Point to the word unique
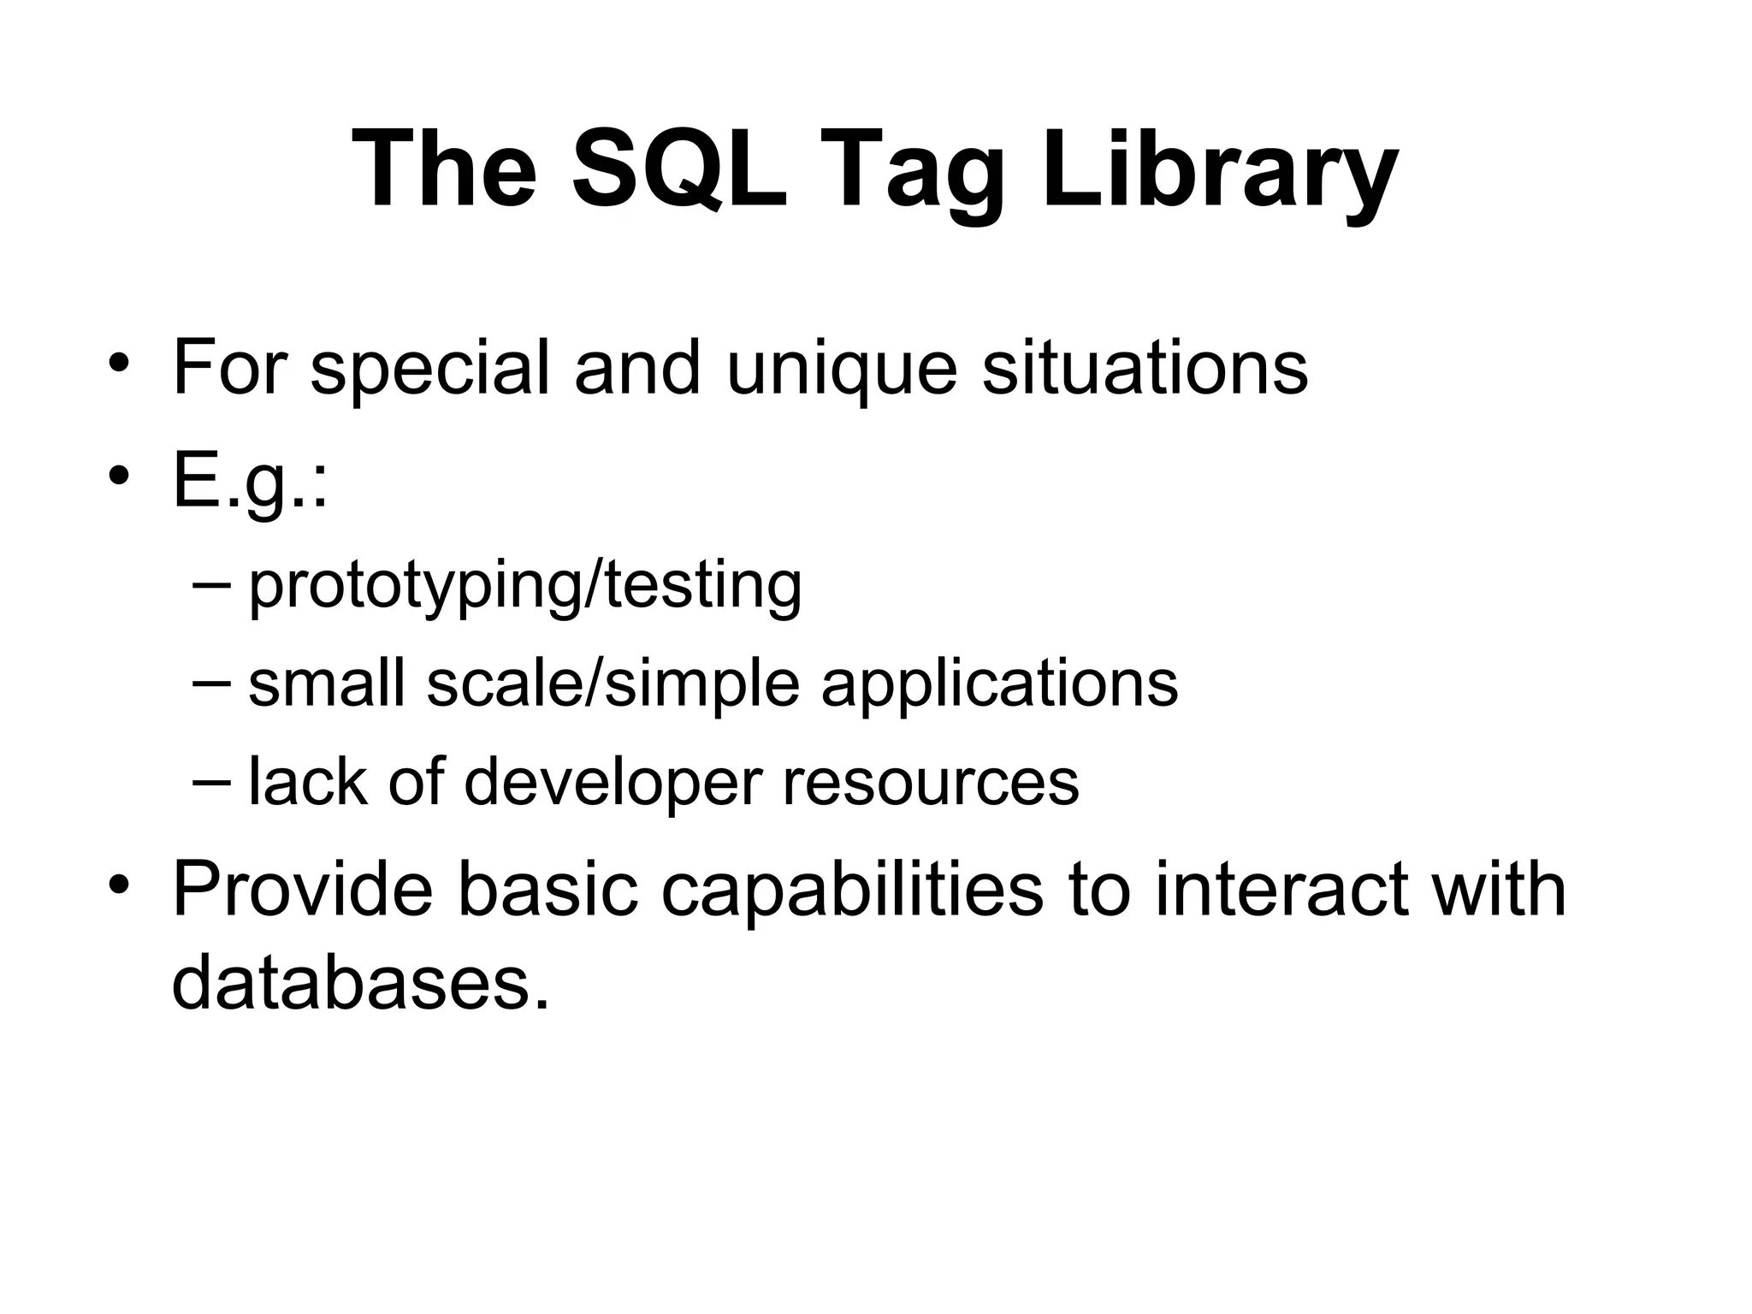tap(841, 369)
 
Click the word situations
tap(1145, 369)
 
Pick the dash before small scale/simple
tap(210, 682)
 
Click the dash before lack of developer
tap(210, 780)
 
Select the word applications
tap(999, 685)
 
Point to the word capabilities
tap(852, 890)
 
